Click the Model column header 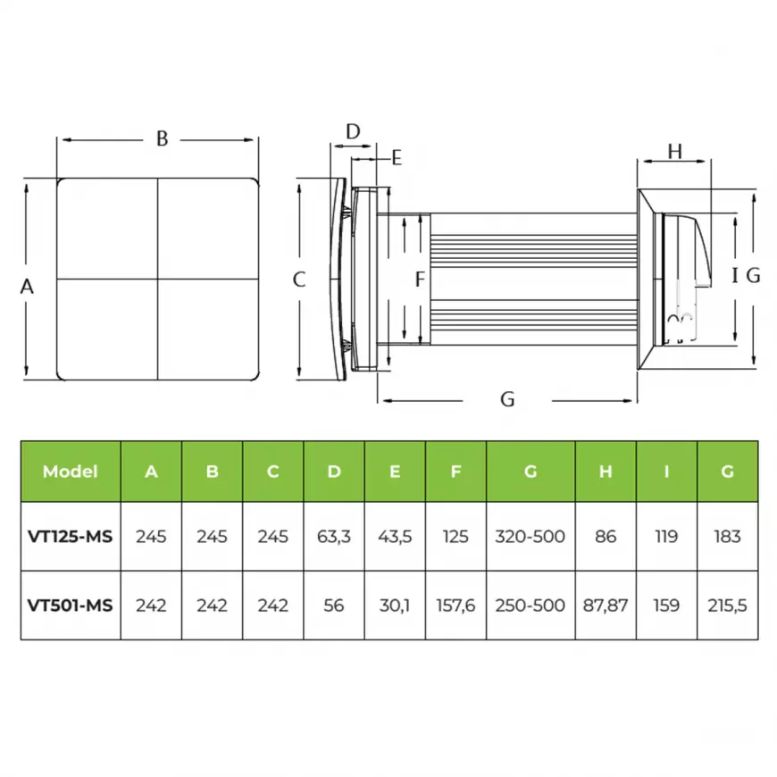[x=71, y=472]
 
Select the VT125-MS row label [x=71, y=536]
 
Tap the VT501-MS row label [x=71, y=605]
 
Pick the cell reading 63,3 [x=334, y=536]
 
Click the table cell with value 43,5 [x=395, y=536]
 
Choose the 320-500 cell [x=531, y=536]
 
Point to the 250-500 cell [x=531, y=605]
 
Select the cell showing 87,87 [x=606, y=605]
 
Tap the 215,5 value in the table [x=728, y=605]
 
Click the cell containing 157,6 [x=455, y=605]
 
